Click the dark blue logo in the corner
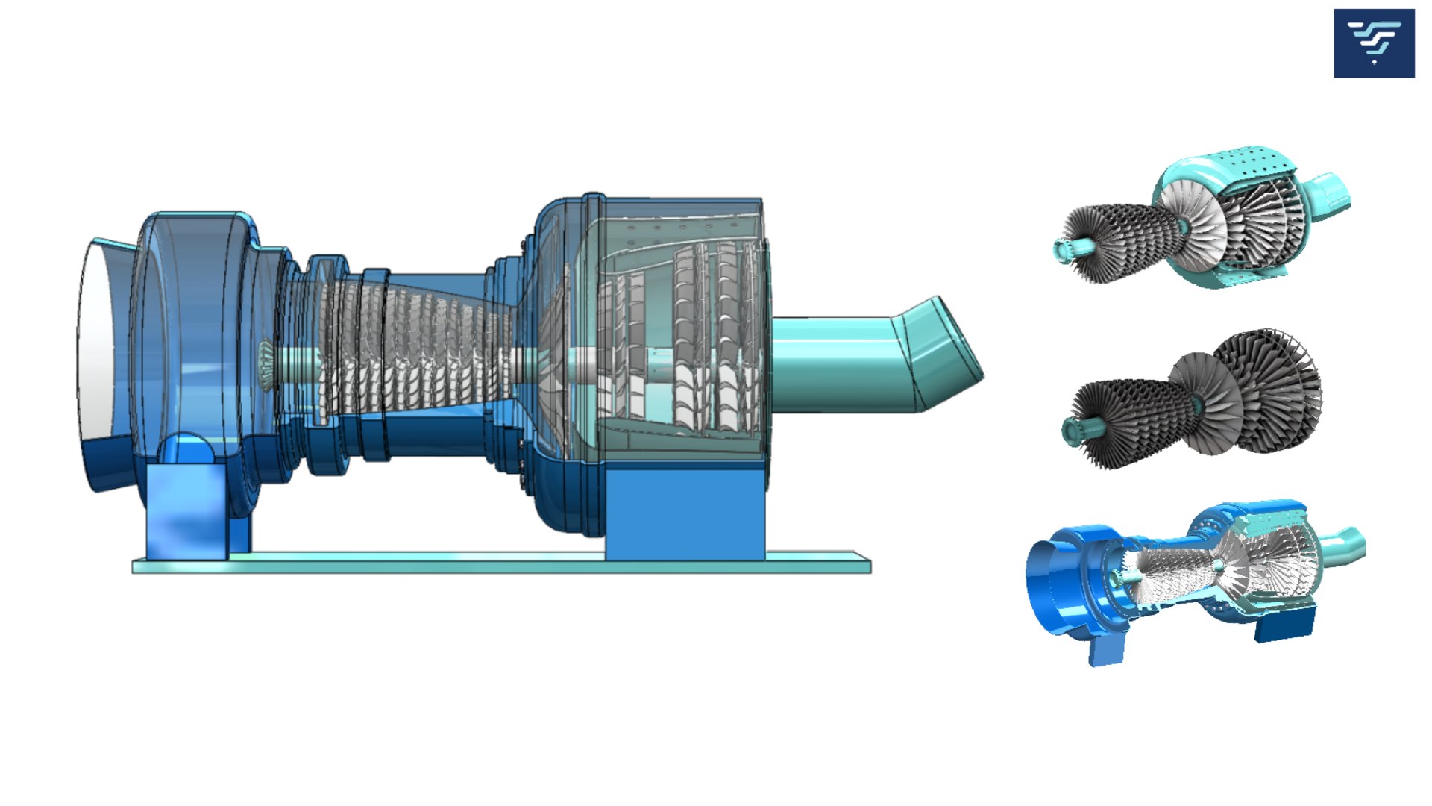[x=1374, y=43]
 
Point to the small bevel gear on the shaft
[x=266, y=363]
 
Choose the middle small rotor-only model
[x=1193, y=399]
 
